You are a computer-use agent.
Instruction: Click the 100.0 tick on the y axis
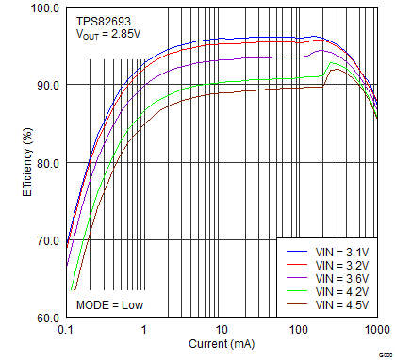tap(44, 8)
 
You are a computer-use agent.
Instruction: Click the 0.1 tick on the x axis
tap(65, 331)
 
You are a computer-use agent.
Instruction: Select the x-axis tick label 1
tap(143, 331)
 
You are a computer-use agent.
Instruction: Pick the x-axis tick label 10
tap(222, 331)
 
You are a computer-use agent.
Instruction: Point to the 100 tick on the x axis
tap(300, 331)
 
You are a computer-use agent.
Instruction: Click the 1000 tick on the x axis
tap(375, 331)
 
